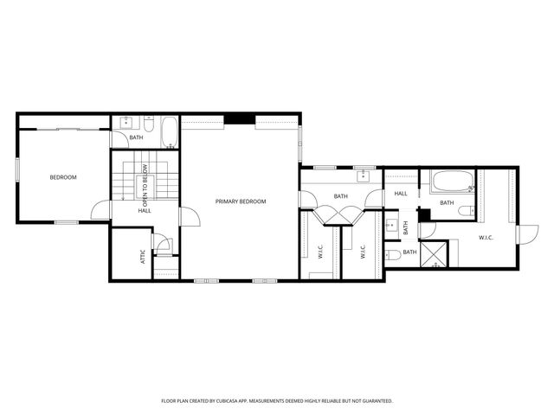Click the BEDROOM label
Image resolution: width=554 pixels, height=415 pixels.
(62, 177)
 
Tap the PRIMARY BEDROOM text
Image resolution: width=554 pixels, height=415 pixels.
(241, 201)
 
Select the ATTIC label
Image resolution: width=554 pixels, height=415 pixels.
(144, 257)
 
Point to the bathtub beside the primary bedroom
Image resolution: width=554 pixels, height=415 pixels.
(170, 132)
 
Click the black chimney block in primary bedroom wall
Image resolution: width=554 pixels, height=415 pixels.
(239, 119)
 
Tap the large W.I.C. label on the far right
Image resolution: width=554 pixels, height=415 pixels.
(486, 237)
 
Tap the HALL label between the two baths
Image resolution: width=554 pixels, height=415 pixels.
(401, 194)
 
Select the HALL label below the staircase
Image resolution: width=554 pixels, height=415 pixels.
(145, 210)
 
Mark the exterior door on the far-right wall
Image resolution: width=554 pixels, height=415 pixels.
(523, 233)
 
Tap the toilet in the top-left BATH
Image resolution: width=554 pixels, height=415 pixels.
(148, 126)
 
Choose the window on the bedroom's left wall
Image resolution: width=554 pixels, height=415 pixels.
(17, 169)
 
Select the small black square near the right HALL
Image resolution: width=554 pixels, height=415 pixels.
(424, 214)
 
